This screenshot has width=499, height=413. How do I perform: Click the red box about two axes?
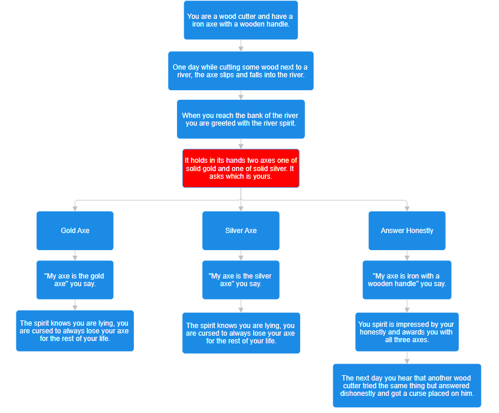click(x=241, y=168)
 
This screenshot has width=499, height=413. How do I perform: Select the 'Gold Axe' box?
click(x=75, y=231)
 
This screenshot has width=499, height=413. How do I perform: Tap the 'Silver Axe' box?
click(x=241, y=231)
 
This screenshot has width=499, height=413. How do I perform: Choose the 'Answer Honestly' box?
click(x=407, y=231)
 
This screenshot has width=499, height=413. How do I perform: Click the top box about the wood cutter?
click(x=241, y=20)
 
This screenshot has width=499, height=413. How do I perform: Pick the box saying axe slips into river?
click(x=241, y=71)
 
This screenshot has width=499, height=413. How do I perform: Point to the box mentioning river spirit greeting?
click(x=241, y=119)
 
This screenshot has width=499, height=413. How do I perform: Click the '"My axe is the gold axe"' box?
click(x=75, y=280)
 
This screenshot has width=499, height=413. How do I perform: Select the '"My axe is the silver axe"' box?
click(x=241, y=280)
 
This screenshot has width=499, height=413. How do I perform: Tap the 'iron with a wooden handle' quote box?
click(x=407, y=280)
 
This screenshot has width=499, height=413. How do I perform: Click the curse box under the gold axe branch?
click(x=75, y=331)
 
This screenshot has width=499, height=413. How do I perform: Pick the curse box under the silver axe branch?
click(x=241, y=333)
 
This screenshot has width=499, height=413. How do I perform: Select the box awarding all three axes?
click(x=407, y=332)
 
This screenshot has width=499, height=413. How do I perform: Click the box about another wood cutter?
click(x=407, y=386)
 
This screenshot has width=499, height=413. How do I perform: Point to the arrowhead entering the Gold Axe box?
click(x=75, y=208)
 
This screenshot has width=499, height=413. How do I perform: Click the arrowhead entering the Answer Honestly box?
click(x=407, y=208)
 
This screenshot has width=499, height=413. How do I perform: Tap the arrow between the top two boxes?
click(x=241, y=46)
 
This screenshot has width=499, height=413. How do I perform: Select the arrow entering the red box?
click(x=241, y=145)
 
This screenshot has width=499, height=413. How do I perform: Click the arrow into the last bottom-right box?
click(x=407, y=359)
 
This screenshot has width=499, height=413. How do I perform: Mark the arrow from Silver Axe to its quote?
click(x=241, y=255)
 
